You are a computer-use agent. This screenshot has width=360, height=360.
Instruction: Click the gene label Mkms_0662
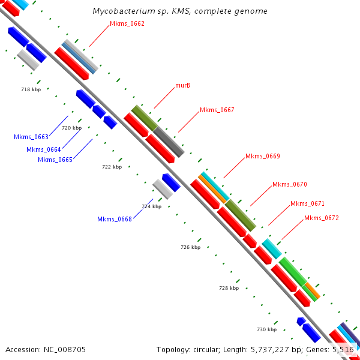click(127, 23)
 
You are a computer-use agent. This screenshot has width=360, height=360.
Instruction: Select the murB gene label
click(182, 86)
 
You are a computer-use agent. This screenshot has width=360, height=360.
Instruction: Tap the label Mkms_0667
click(217, 110)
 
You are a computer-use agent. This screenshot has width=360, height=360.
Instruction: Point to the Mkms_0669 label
click(262, 156)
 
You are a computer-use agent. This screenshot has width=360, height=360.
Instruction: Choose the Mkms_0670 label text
click(289, 184)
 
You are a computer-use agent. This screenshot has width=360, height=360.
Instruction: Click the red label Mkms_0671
click(307, 204)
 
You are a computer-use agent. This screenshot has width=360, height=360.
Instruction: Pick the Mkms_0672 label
click(321, 218)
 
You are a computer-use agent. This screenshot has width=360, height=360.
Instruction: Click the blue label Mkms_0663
click(31, 137)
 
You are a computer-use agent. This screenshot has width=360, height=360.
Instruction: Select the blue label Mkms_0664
click(44, 149)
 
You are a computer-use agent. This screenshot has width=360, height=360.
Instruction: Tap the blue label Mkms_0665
click(55, 160)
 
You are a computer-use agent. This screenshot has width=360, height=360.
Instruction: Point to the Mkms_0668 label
click(115, 219)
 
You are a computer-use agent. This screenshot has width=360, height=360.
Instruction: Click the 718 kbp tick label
click(31, 89)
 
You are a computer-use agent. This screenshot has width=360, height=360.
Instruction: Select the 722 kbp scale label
click(112, 167)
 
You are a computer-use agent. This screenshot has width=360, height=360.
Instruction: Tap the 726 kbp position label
click(190, 247)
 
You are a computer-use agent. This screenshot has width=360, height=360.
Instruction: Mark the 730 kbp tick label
click(266, 329)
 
